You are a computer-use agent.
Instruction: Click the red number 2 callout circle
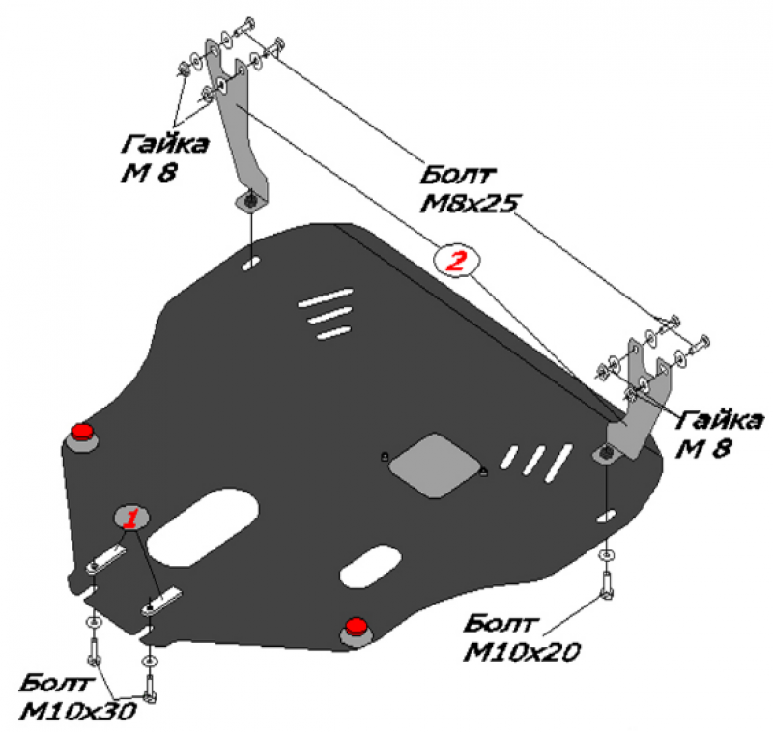pos(455,260)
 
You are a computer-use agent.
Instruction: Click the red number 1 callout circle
pos(131,518)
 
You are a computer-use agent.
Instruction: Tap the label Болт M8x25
pos(470,189)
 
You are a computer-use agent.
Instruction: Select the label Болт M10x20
pos(522,638)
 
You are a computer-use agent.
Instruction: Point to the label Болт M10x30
pos(77,697)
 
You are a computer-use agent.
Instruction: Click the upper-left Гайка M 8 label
pos(163,158)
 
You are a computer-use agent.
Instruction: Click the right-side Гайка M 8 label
pos(718,434)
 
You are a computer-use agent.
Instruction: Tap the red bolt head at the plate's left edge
pos(82,432)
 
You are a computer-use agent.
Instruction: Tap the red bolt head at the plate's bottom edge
pos(356,626)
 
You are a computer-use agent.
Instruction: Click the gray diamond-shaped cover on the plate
pos(435,465)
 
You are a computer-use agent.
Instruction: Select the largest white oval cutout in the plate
pos(203,527)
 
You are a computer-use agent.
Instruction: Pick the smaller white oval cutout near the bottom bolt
pos(371,566)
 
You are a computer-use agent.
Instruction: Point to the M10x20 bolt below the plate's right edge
pos(607,584)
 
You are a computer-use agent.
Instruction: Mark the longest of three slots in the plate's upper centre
pos(326,297)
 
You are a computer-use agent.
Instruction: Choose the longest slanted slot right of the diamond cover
pos(558,463)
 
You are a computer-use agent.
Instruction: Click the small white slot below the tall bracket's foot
pos(251,263)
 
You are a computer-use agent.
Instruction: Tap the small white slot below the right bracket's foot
pos(606,517)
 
